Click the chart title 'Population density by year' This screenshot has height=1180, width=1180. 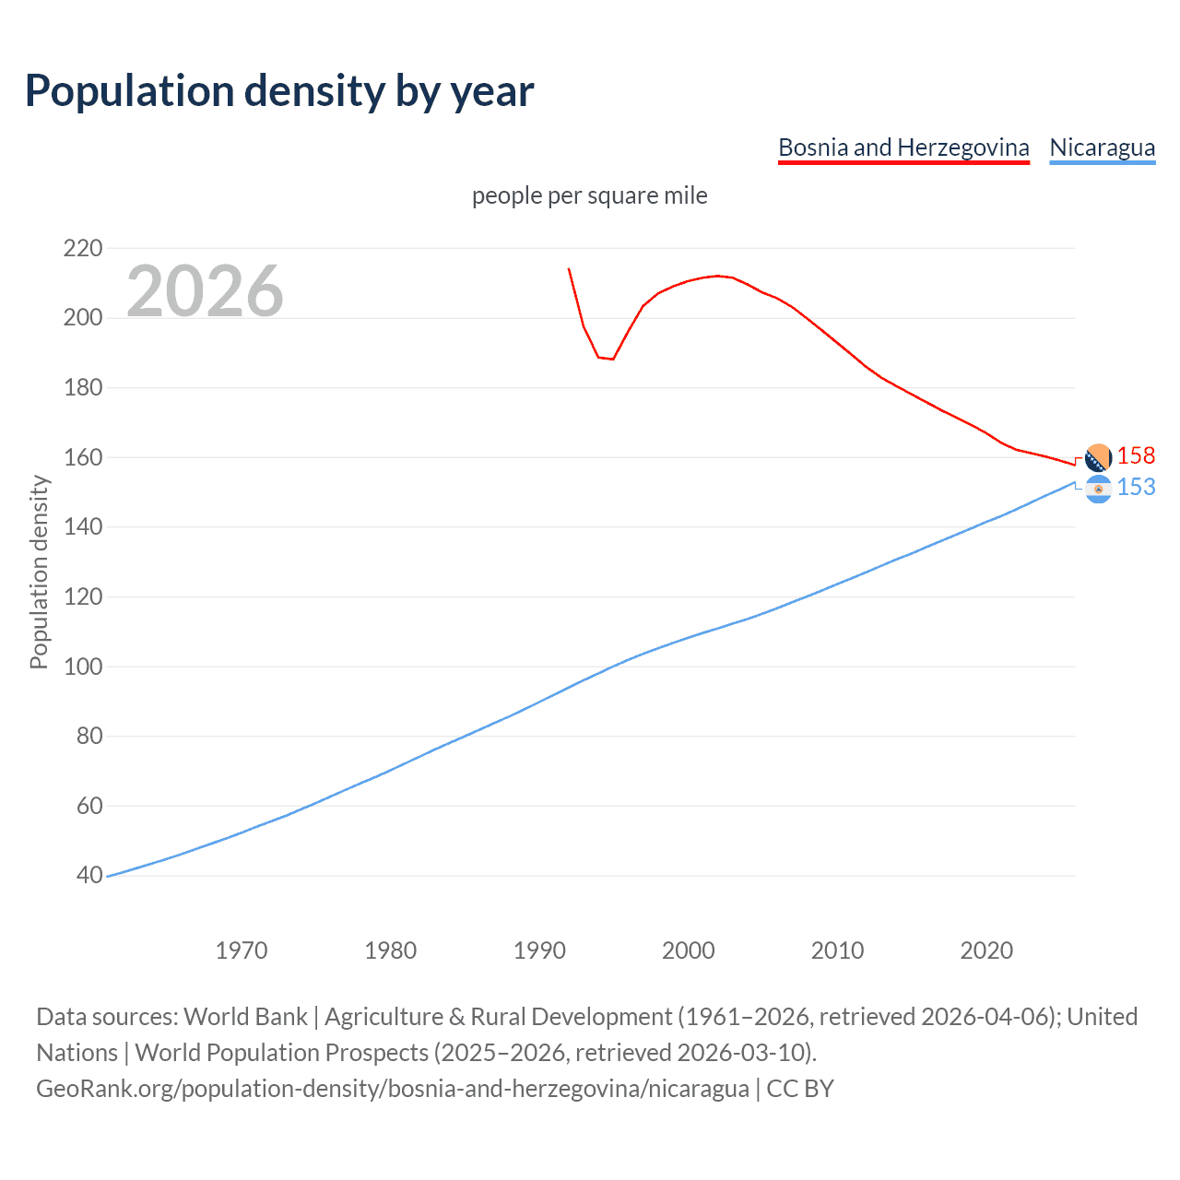point(279,91)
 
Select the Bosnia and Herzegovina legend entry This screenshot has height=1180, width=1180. point(903,147)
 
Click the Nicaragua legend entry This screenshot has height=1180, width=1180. point(1102,147)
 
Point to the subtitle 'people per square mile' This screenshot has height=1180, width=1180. point(589,195)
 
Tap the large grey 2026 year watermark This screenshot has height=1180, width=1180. point(205,291)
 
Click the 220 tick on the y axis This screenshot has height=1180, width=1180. point(83,248)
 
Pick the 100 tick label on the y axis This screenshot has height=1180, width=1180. point(83,667)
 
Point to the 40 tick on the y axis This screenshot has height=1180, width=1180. point(89,875)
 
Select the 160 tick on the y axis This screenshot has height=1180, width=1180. point(83,457)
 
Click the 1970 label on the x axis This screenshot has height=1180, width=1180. point(242,950)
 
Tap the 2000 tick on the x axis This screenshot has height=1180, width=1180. point(688,950)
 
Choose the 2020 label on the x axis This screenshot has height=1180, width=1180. point(986,950)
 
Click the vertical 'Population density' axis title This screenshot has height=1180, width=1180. point(39,572)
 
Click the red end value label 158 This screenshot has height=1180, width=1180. point(1136,456)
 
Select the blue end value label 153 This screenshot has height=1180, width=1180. point(1136,488)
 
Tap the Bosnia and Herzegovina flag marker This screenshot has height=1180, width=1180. point(1098,457)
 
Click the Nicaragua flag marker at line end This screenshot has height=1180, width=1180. point(1098,490)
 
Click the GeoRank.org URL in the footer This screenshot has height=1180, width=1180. point(393,1089)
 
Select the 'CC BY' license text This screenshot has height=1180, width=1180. point(800,1089)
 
